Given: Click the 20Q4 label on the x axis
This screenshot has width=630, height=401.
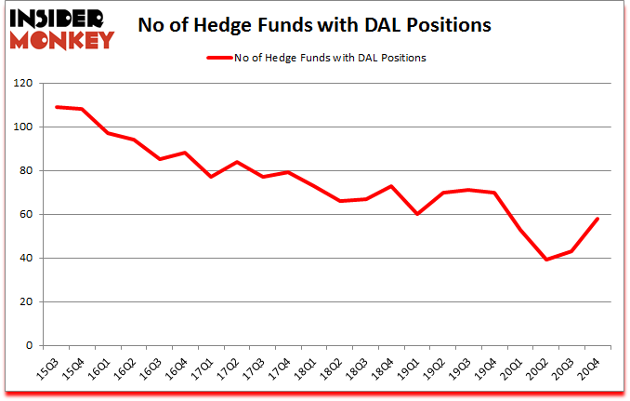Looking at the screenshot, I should [x=590, y=368].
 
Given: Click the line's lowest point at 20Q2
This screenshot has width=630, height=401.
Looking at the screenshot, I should [x=546, y=260].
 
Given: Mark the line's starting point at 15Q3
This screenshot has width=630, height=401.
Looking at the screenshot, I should [x=57, y=107].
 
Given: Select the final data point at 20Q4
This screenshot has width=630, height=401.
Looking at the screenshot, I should [x=597, y=219].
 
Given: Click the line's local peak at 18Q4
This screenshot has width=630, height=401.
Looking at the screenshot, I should [x=392, y=186].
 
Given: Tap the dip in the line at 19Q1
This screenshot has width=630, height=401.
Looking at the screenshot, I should [x=418, y=214].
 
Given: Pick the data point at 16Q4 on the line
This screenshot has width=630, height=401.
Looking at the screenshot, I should [x=186, y=153].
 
